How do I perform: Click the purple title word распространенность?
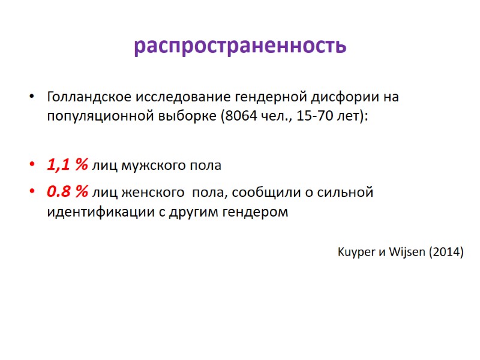(x=240, y=46)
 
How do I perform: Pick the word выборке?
(x=184, y=116)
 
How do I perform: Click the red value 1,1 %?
(x=68, y=165)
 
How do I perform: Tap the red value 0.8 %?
(x=68, y=193)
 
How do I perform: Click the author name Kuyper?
(x=357, y=252)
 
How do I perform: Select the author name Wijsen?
(x=410, y=252)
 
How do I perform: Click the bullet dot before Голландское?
(x=32, y=97)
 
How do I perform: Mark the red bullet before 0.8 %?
(x=32, y=193)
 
